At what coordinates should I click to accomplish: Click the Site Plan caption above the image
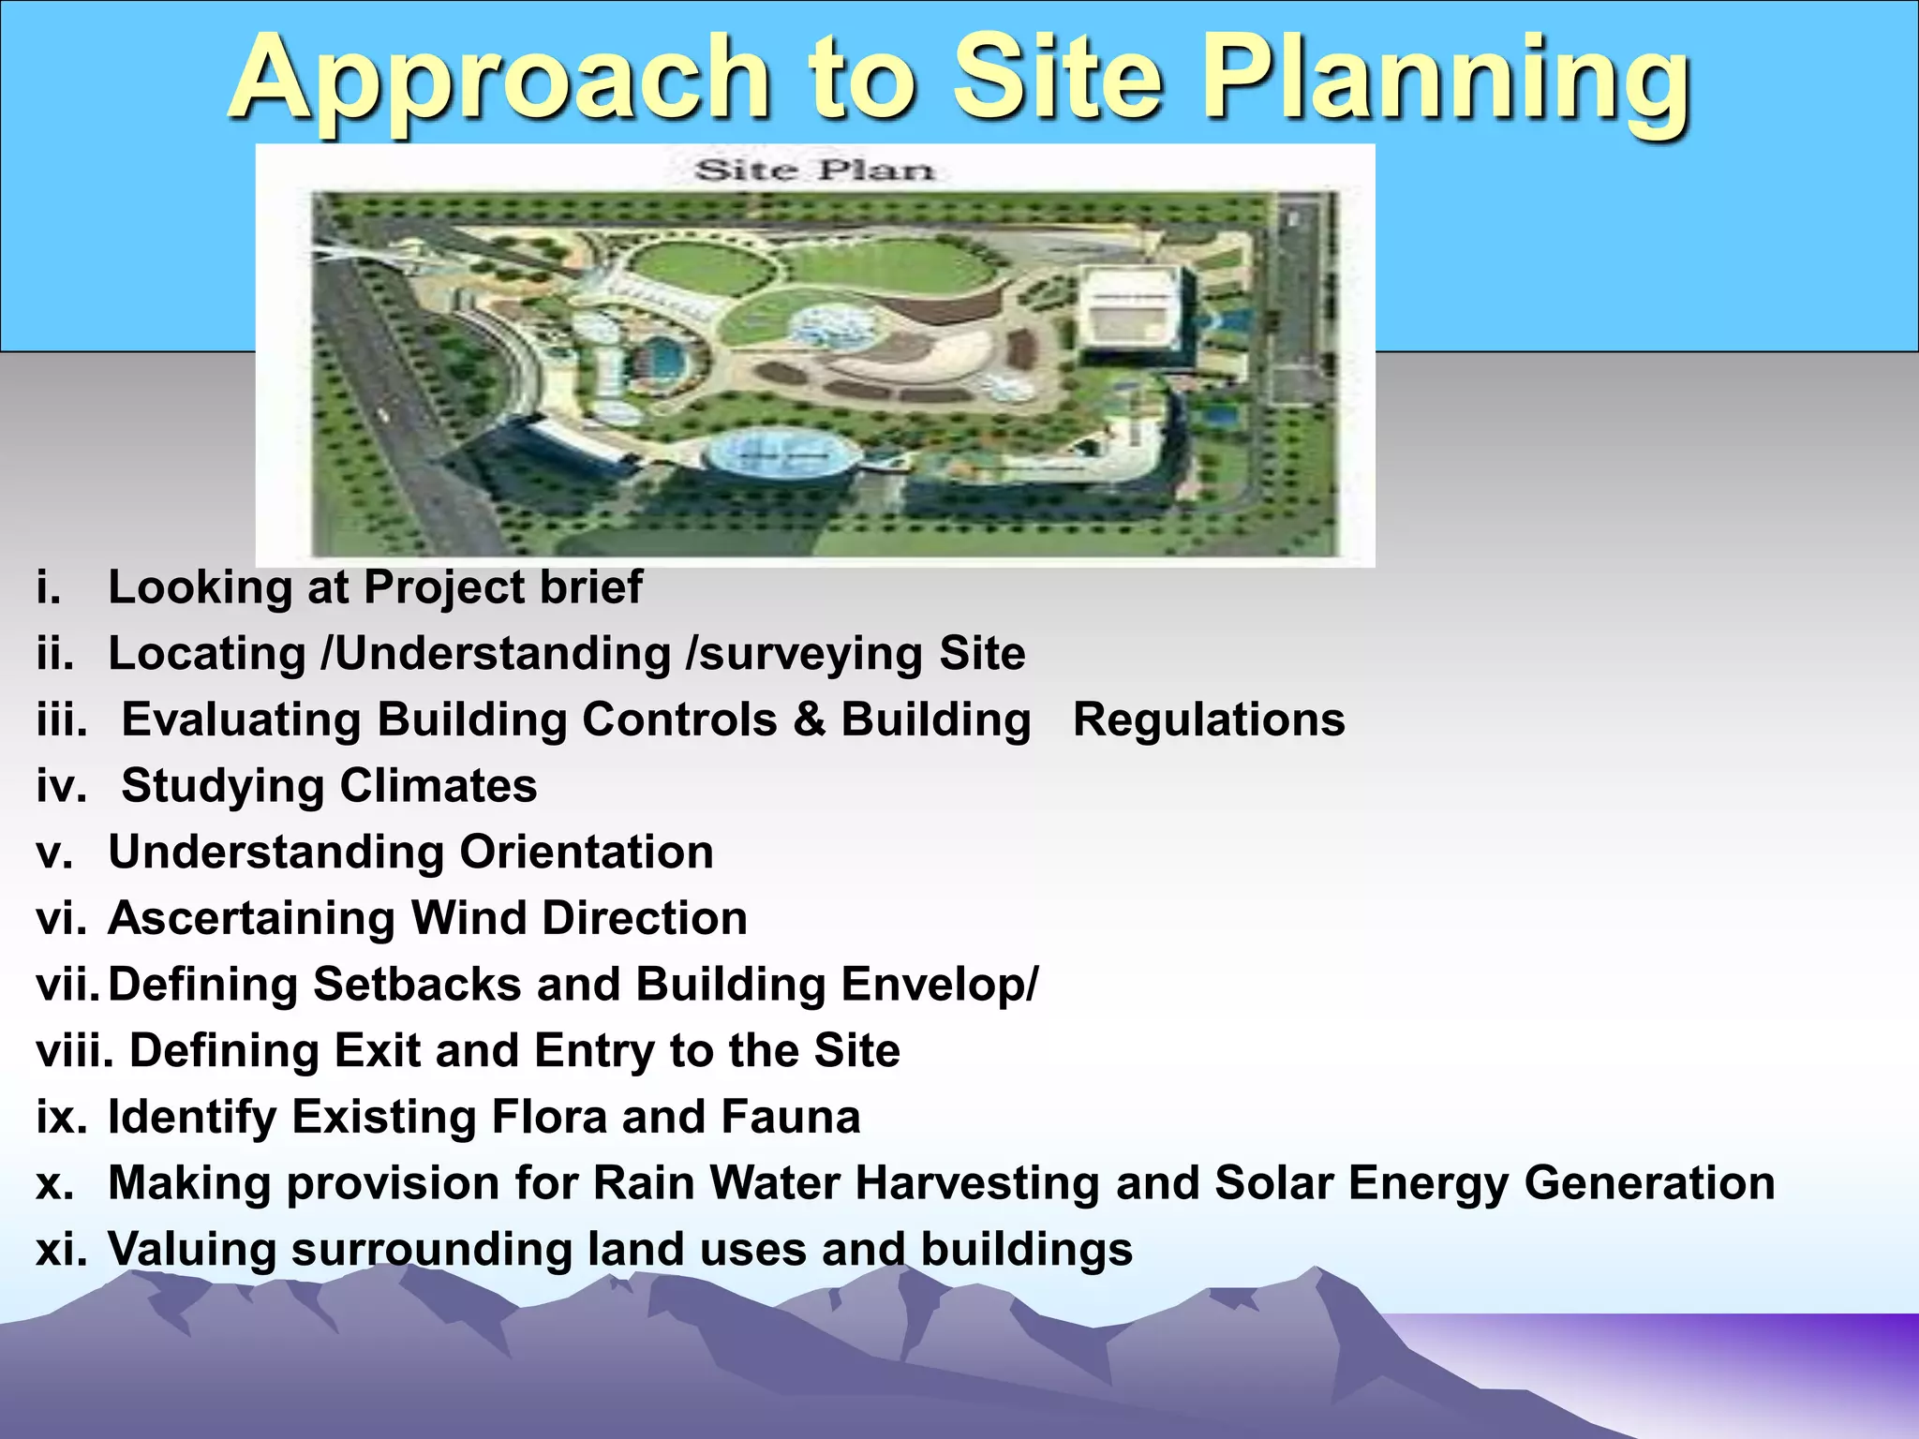pyautogui.click(x=813, y=171)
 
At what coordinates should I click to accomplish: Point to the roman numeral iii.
pyautogui.click(x=62, y=720)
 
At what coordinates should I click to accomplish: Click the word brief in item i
pyautogui.click(x=590, y=588)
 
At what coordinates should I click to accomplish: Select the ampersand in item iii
pyautogui.click(x=809, y=720)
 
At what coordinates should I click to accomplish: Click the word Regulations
pyautogui.click(x=1208, y=720)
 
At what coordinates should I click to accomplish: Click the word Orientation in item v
pyautogui.click(x=586, y=853)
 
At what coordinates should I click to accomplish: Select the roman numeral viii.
pyautogui.click(x=74, y=1051)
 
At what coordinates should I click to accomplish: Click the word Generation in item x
pyautogui.click(x=1649, y=1183)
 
